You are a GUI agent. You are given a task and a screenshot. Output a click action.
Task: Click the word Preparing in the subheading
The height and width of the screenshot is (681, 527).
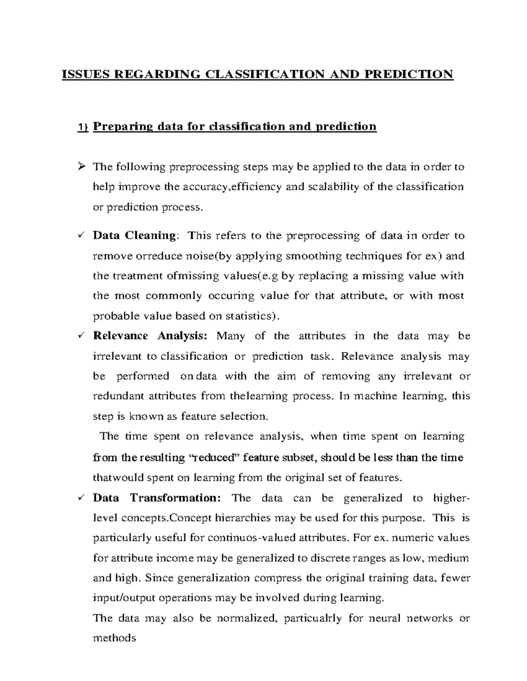[x=123, y=127]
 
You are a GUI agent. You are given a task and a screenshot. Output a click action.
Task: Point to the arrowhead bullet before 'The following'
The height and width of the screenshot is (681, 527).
[x=81, y=167]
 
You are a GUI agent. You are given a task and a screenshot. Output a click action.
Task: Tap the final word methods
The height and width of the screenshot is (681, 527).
[x=114, y=638]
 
